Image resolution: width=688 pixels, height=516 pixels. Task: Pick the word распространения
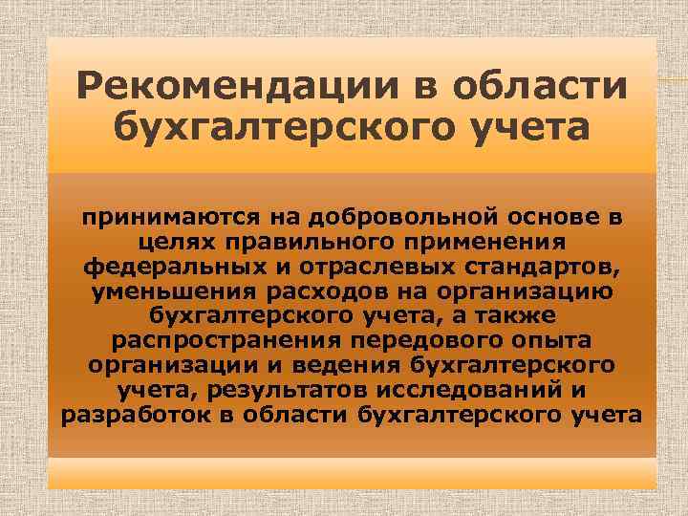click(x=223, y=341)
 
